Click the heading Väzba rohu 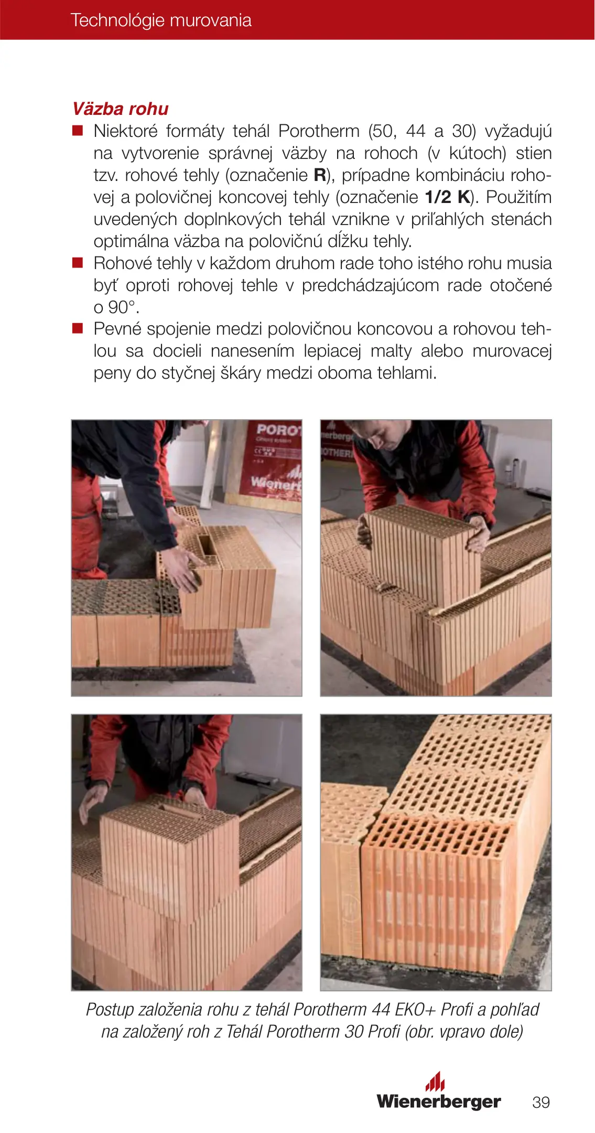click(x=121, y=109)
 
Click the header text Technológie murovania click(x=161, y=20)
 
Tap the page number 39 click(x=541, y=1102)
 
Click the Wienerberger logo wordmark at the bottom click(x=439, y=1102)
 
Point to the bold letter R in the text click(x=320, y=175)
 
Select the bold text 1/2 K click(x=447, y=197)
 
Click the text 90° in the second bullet click(x=123, y=307)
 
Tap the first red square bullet click(x=78, y=130)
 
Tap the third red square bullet click(x=78, y=328)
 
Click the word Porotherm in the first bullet click(x=319, y=131)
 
